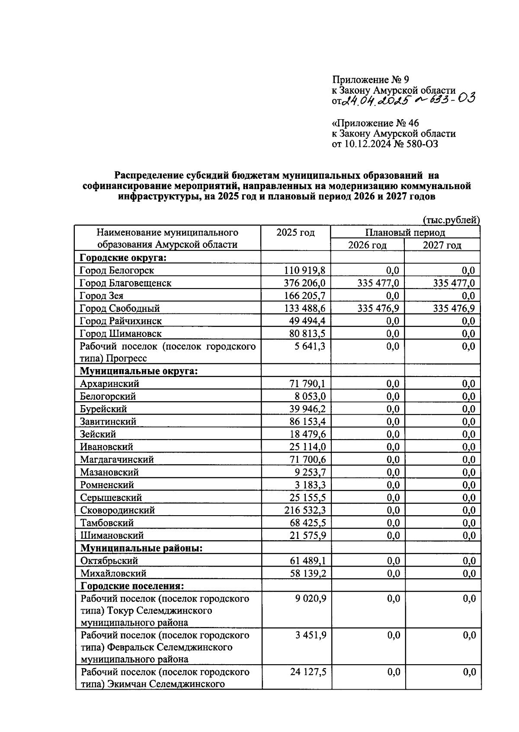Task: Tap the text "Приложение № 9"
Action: click(x=370, y=79)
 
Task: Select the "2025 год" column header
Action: click(x=295, y=233)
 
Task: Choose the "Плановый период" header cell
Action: click(x=405, y=232)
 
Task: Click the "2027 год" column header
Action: click(x=442, y=245)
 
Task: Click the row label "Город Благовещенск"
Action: click(x=125, y=283)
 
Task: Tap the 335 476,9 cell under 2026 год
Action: click(x=378, y=308)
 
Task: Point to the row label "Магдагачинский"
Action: click(x=117, y=459)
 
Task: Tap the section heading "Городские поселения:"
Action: click(x=132, y=586)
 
